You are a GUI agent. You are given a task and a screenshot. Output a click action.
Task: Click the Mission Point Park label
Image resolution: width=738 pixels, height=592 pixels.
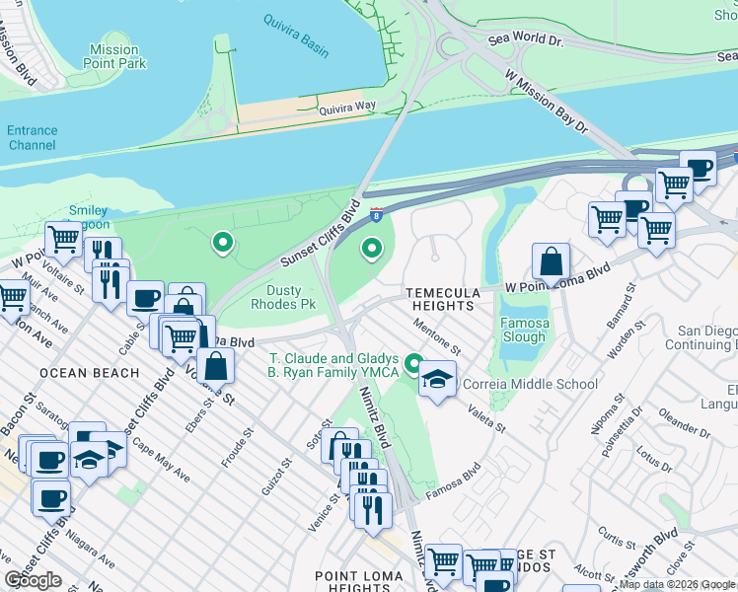[x=113, y=56]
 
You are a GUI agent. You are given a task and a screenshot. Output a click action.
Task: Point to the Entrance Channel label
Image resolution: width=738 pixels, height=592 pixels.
[x=33, y=137]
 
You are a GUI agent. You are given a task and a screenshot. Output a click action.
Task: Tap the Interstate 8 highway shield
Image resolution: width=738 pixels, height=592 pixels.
[x=376, y=212]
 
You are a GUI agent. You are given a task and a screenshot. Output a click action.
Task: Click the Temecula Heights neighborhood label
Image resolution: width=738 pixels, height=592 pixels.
[x=445, y=300]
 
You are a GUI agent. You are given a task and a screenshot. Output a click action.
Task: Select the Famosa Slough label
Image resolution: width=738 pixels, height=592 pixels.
[x=523, y=330]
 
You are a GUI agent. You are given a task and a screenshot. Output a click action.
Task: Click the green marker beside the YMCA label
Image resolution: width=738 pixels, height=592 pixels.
[x=414, y=363]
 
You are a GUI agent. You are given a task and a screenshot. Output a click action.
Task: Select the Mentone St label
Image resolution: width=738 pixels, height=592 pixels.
[x=437, y=335]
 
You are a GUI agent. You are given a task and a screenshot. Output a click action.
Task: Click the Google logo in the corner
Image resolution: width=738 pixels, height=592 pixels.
[x=33, y=580]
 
